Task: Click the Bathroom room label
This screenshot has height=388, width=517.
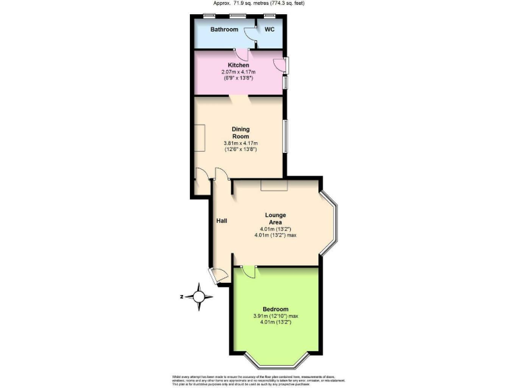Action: point(224,30)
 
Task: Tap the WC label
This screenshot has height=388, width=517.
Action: point(269,30)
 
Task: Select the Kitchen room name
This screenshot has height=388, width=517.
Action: point(238,65)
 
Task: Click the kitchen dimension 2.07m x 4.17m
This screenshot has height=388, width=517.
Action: point(239,72)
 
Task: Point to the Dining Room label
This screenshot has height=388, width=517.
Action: point(240,133)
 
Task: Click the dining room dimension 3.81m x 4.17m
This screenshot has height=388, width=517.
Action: point(240,143)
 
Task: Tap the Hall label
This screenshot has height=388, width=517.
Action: point(221,220)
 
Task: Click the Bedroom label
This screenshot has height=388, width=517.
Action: point(275,309)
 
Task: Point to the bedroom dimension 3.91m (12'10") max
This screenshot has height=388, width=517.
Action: point(275,316)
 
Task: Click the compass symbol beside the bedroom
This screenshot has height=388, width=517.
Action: point(199,296)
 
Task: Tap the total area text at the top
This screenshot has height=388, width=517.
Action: point(258,3)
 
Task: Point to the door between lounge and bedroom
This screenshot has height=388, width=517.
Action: point(248,270)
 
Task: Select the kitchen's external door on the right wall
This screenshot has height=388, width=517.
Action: point(279,65)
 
